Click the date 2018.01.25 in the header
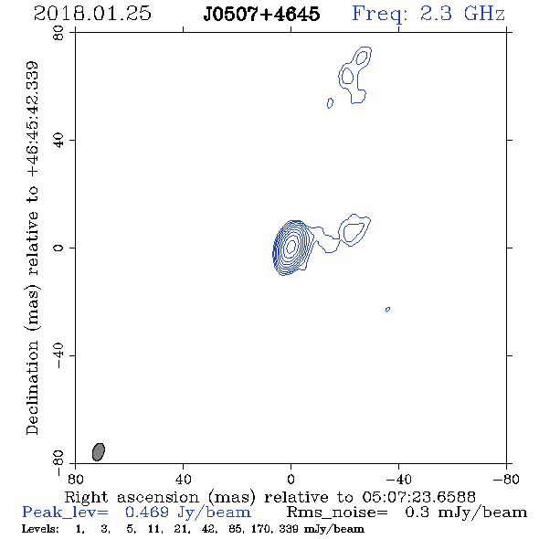click(x=92, y=14)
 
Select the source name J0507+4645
click(x=261, y=14)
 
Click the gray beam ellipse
click(x=99, y=451)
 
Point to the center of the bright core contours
click(x=291, y=246)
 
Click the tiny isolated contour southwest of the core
click(x=387, y=310)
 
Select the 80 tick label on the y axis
click(x=58, y=33)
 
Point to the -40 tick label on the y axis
click(x=58, y=355)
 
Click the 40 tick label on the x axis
click(x=183, y=479)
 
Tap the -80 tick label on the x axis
click(x=506, y=479)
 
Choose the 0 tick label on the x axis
click(x=291, y=479)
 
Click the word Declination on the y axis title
click(x=32, y=387)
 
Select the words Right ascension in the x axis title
click(x=132, y=497)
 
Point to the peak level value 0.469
click(x=147, y=513)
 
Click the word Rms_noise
click(x=337, y=513)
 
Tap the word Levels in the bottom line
click(x=40, y=529)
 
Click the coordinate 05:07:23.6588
click(x=418, y=497)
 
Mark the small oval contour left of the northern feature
click(x=330, y=103)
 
